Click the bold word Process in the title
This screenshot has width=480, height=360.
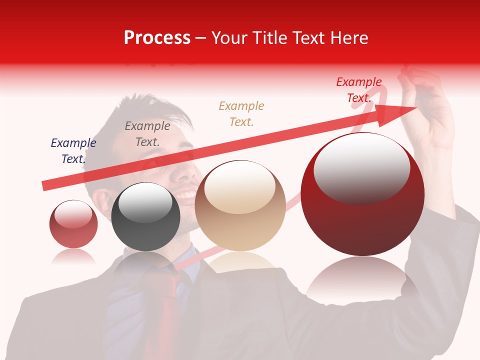pyautogui.click(x=157, y=38)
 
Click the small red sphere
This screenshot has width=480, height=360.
pyautogui.click(x=73, y=224)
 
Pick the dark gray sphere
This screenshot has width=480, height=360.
pyautogui.click(x=145, y=217)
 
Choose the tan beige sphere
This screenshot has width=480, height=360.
pyautogui.click(x=240, y=206)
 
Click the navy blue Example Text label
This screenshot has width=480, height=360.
pyautogui.click(x=73, y=151)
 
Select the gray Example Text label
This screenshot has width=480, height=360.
pyautogui.click(x=147, y=134)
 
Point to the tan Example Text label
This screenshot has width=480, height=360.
pyautogui.click(x=241, y=113)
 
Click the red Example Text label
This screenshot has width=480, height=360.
pyautogui.click(x=359, y=90)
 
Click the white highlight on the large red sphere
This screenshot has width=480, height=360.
pyautogui.click(x=361, y=167)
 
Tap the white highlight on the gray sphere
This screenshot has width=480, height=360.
pyautogui.click(x=145, y=202)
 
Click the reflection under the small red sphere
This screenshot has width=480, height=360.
pyautogui.click(x=73, y=256)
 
